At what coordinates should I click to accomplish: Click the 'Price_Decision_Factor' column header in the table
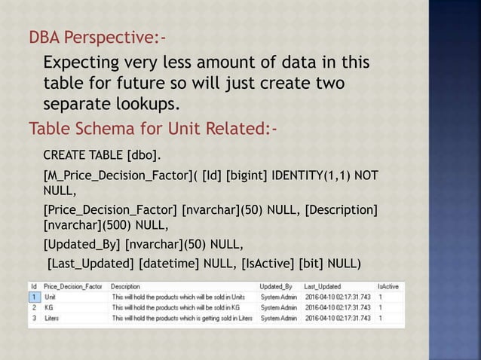click(x=73, y=287)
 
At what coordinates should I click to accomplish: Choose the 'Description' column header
click(x=125, y=287)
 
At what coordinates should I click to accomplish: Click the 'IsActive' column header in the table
click(x=388, y=287)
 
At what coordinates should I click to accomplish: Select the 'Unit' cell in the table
click(x=51, y=297)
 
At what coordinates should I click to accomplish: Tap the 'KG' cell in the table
click(x=49, y=307)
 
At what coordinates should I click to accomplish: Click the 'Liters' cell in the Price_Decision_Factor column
click(x=53, y=318)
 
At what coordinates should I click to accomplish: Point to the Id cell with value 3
click(x=34, y=318)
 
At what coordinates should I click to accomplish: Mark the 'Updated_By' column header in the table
click(x=275, y=287)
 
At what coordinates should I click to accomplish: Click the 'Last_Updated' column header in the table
click(x=322, y=287)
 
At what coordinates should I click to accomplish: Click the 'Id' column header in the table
click(x=34, y=287)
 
